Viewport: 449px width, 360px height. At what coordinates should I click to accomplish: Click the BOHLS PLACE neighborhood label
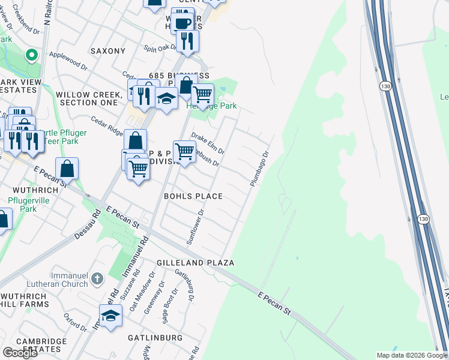[x=193, y=196]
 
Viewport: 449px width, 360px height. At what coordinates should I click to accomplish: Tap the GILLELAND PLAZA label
[x=195, y=263]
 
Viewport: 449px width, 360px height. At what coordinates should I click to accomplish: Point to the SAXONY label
[x=107, y=51]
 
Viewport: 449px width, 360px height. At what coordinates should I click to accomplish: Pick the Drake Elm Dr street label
[x=208, y=142]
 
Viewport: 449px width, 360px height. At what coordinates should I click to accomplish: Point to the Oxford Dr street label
[x=76, y=322]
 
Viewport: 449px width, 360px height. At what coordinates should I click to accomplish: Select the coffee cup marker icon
[x=182, y=23]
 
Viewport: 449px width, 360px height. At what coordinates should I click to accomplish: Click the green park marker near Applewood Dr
[x=31, y=56]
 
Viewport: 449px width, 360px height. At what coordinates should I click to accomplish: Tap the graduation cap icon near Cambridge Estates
[x=110, y=316]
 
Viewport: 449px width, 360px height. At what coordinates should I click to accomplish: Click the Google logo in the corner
[x=20, y=352]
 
